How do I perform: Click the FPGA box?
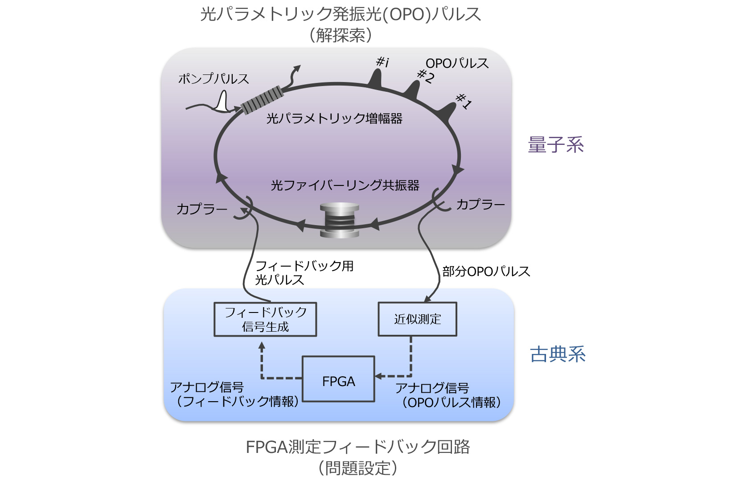click(338, 379)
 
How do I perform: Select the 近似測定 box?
click(417, 319)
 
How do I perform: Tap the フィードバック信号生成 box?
click(265, 319)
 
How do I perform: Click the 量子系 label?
click(556, 144)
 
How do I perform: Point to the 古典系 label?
click(558, 354)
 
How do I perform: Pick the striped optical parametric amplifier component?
click(262, 99)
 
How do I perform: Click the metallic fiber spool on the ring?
click(339, 220)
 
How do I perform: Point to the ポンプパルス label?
click(214, 79)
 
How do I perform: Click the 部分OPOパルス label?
click(486, 271)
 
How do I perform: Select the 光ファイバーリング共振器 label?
click(345, 185)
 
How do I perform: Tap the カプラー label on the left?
click(202, 209)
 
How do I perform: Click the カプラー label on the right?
click(480, 204)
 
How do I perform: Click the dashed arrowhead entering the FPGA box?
click(378, 376)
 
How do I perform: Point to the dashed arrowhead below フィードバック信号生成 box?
click(261, 346)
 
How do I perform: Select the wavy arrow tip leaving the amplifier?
click(298, 67)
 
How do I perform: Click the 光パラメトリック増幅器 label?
click(334, 118)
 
